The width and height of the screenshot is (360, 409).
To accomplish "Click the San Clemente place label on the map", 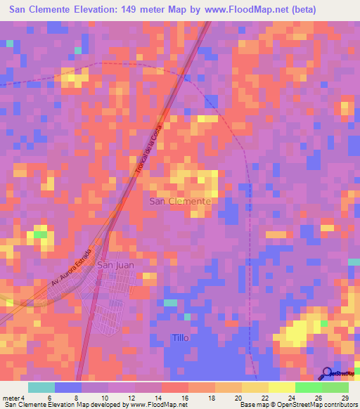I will click(181, 201).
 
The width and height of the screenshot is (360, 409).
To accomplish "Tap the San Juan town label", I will click(115, 265).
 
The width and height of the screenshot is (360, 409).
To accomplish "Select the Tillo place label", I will click(181, 338).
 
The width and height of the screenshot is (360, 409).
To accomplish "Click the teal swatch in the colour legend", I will click(41, 387).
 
